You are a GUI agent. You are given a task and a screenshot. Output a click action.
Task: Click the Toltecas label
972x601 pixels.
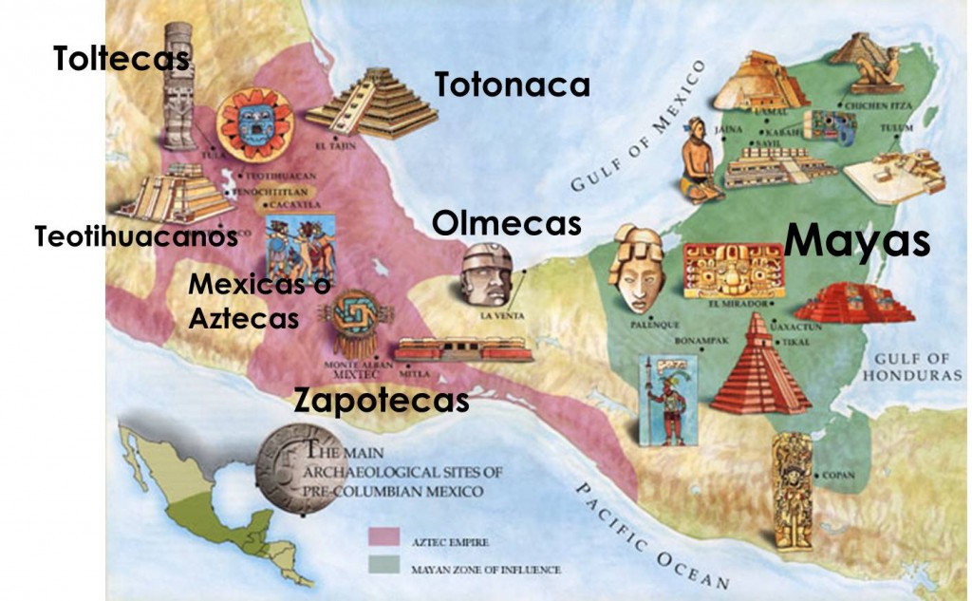(121, 59)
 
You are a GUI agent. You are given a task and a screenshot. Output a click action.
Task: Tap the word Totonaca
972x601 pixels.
(513, 85)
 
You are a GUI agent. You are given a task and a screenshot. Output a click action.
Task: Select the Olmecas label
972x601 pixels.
(506, 224)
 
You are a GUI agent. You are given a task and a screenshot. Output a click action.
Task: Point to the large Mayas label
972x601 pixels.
(857, 240)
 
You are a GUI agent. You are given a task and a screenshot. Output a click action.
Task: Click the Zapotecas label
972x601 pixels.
(382, 400)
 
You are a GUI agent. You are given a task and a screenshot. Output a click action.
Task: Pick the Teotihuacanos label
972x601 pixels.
(136, 236)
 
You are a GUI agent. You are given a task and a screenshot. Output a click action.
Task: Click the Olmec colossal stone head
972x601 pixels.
(487, 274)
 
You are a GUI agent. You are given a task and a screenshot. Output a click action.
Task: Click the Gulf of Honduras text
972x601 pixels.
(912, 366)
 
